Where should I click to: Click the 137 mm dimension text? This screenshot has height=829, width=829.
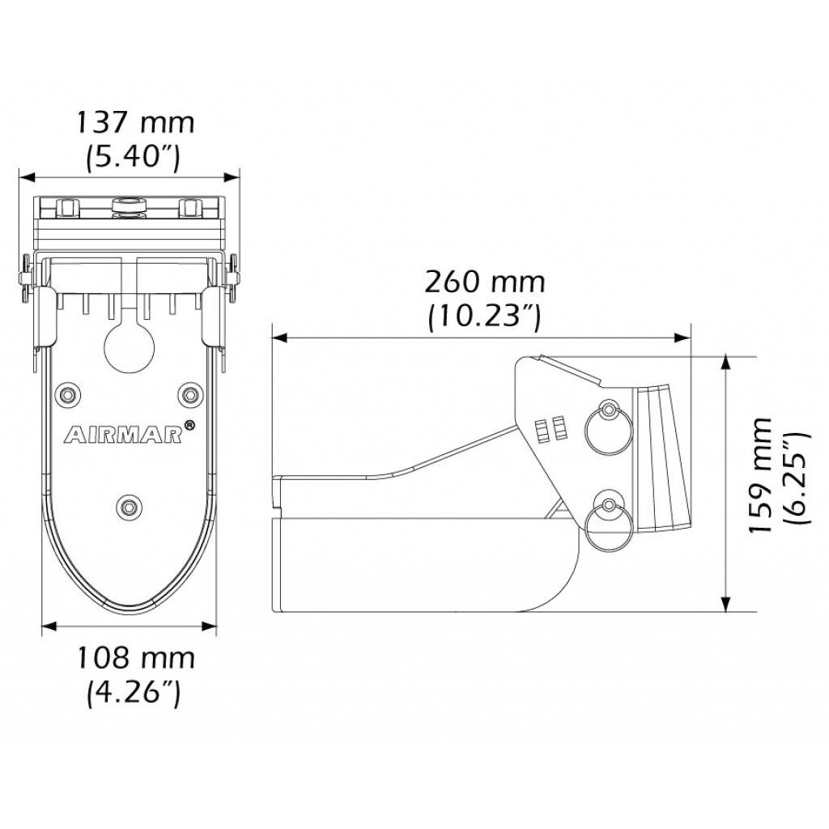pyautogui.click(x=136, y=123)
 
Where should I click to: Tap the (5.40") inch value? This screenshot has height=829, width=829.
pyautogui.click(x=133, y=157)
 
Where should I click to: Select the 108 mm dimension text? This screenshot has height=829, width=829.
pyautogui.click(x=136, y=659)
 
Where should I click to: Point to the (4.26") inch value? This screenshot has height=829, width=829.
pyautogui.click(x=133, y=693)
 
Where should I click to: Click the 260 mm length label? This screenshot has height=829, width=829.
pyautogui.click(x=485, y=283)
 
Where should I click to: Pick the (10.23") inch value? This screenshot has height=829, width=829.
pyautogui.click(x=485, y=317)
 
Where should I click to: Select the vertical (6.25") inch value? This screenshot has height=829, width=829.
pyautogui.click(x=796, y=478)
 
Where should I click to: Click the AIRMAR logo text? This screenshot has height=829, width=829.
pyautogui.click(x=123, y=435)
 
